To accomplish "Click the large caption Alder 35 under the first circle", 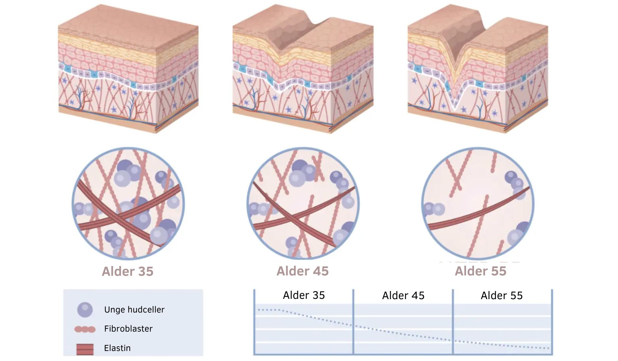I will click(128, 271).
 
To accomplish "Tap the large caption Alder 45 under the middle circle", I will click(303, 271).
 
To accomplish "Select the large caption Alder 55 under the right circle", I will click(480, 271).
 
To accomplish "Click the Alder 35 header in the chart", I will click(304, 295).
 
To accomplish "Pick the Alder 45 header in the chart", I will click(403, 295).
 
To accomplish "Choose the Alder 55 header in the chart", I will click(501, 295).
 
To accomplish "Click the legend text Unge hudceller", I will click(134, 310).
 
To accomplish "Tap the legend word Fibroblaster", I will click(128, 329).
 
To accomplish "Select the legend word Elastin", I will click(117, 348).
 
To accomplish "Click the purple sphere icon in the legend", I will click(85, 310).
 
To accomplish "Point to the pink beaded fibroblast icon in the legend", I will click(85, 329).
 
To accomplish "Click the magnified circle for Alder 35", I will click(128, 204).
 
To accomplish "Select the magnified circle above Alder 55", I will click(478, 204).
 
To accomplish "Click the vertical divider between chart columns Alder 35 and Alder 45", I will click(353, 323).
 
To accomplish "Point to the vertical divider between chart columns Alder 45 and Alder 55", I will click(453, 323).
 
